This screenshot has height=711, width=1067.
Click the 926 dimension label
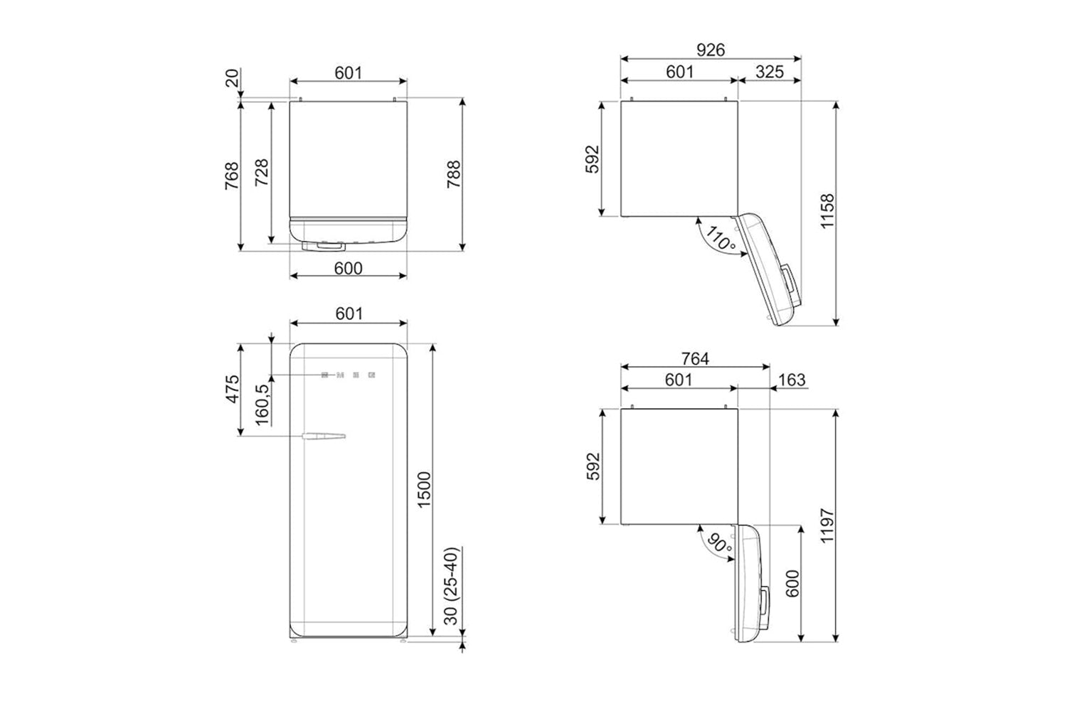point(710,50)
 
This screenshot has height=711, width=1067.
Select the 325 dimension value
point(769,72)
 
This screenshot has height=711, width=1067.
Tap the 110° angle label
point(720,238)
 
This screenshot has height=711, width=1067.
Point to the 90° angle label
point(718,544)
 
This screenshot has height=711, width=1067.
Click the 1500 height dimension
point(424,490)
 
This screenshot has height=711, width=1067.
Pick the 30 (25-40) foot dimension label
point(450,587)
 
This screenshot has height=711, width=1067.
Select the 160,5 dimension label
point(262,405)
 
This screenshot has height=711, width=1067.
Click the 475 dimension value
point(232,389)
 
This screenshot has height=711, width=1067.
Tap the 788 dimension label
point(454,174)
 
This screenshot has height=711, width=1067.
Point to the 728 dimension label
point(262,172)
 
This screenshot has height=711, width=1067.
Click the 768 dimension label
point(231,176)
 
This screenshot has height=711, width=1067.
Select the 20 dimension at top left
point(231,78)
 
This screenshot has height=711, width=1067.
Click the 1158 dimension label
point(827,211)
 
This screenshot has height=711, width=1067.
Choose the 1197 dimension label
point(827,525)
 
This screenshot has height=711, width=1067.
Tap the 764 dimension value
point(695,358)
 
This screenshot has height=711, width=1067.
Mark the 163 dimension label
point(792,380)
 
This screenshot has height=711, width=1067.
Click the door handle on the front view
point(324,436)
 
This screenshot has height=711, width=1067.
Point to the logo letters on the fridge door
point(349,375)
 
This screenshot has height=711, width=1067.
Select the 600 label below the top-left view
point(349,269)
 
